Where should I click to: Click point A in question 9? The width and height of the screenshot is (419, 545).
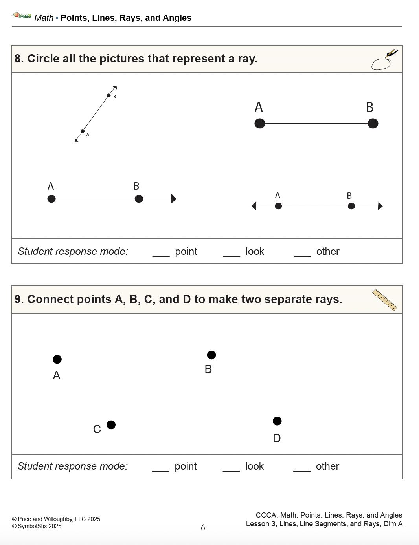coord(57,359)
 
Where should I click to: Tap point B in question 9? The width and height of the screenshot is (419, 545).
coord(211,355)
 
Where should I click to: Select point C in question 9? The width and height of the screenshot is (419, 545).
coord(111,425)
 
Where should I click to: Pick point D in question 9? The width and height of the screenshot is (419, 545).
coord(277,421)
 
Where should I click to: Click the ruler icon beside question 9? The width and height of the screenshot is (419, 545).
coord(384,300)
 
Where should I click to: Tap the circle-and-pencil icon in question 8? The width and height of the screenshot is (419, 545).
coord(384,60)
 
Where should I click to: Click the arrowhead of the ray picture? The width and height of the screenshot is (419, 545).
coord(174,199)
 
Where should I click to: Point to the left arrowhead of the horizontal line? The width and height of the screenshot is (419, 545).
coord(254,206)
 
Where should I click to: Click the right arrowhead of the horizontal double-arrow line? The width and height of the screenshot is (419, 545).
coord(380,206)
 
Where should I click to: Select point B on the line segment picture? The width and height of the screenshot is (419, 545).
coord(373,124)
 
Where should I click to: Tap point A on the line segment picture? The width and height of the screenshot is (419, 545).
coord(260,124)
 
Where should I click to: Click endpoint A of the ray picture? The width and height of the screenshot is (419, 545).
coord(51,199)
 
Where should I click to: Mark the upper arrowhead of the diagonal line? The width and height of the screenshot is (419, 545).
coord(115,88)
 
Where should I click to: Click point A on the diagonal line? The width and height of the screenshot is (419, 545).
coord(83,131)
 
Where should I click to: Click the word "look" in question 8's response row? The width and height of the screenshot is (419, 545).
coord(255,252)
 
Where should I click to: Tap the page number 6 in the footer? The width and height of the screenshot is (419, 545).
coord(203,528)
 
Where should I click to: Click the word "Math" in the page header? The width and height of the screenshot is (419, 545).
coord(44,18)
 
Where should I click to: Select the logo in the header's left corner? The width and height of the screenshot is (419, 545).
coord(22,16)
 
